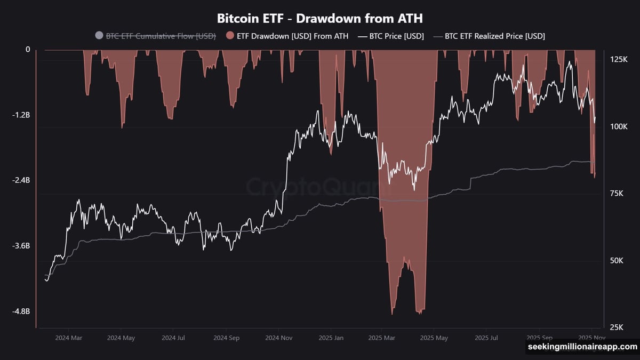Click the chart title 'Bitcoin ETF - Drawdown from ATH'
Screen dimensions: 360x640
point(319,18)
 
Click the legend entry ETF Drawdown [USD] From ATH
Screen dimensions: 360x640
point(292,36)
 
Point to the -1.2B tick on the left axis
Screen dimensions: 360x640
point(21,115)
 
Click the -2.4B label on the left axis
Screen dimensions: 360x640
point(21,180)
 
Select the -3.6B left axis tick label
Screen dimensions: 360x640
point(21,246)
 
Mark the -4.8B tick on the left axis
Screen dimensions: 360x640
point(21,311)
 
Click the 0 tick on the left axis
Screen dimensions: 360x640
point(28,50)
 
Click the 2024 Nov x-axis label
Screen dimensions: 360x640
point(279,338)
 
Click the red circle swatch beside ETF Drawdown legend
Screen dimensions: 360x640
point(229,36)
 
